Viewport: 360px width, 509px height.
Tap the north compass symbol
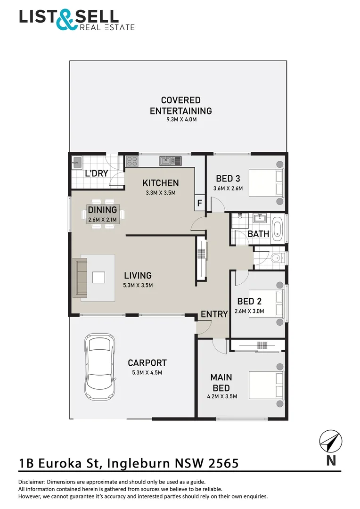tap(330, 442)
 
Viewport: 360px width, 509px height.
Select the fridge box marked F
tap(199, 204)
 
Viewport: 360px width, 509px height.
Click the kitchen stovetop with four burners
tap(132, 162)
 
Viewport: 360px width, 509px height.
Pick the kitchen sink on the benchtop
tap(171, 161)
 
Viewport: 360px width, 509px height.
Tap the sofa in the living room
tap(80, 277)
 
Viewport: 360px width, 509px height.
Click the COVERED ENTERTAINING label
tap(180, 106)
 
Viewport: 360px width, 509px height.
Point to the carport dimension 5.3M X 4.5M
tap(147, 373)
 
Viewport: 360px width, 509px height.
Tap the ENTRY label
tap(214, 314)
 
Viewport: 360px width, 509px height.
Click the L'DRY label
tap(96, 173)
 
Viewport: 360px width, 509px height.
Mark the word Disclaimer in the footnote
tap(32, 482)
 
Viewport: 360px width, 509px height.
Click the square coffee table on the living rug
tap(98, 277)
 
